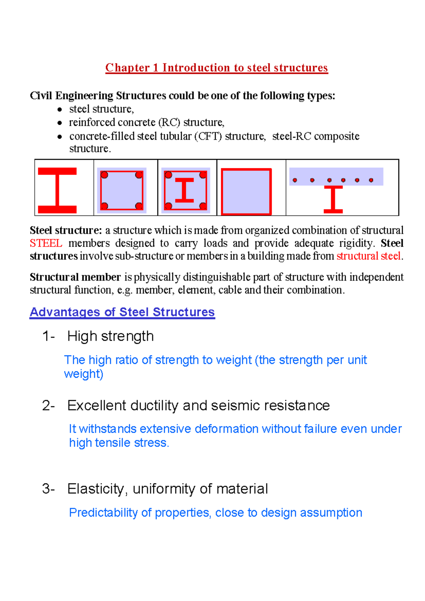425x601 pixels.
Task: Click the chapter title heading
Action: click(216, 68)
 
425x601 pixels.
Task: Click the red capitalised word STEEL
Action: click(46, 243)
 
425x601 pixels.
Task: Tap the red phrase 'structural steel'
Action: click(368, 256)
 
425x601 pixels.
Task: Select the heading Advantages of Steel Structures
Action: click(122, 312)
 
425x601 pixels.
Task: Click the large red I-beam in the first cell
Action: click(57, 190)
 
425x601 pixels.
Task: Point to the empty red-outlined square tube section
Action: click(246, 192)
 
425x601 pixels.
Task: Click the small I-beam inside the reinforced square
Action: click(185, 190)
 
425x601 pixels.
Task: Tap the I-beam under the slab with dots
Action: click(333, 200)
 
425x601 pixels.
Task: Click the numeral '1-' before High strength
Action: click(49, 336)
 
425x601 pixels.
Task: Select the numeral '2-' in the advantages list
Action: click(49, 405)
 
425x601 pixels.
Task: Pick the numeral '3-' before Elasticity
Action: click(49, 489)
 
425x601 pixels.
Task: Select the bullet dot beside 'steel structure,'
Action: click(60, 109)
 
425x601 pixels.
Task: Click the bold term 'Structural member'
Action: click(75, 277)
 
